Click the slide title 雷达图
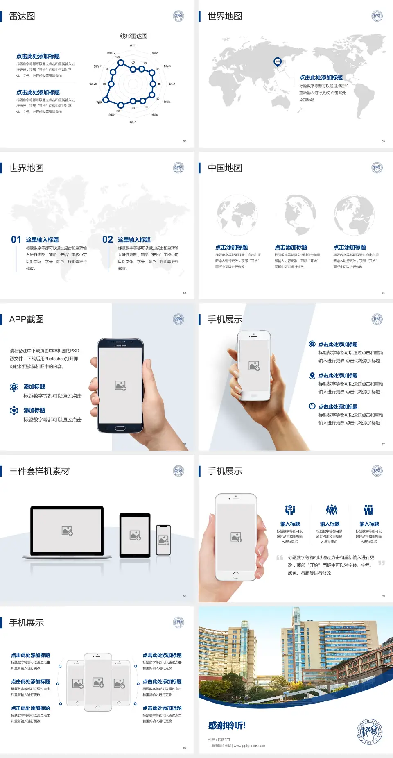(22, 16)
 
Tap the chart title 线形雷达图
(133, 36)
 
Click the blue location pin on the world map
(278, 62)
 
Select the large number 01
(16, 240)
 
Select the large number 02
(108, 240)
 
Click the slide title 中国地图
(225, 168)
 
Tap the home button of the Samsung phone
(120, 429)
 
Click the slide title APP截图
(26, 320)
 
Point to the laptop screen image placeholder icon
(67, 531)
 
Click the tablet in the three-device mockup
(135, 535)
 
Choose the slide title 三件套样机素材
(39, 471)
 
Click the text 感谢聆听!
(227, 726)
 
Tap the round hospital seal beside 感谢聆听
(370, 731)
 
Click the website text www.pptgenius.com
(249, 746)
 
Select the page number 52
(185, 141)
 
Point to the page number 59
(383, 596)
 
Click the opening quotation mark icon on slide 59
(280, 558)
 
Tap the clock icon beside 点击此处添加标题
(312, 406)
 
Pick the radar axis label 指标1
(133, 46)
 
